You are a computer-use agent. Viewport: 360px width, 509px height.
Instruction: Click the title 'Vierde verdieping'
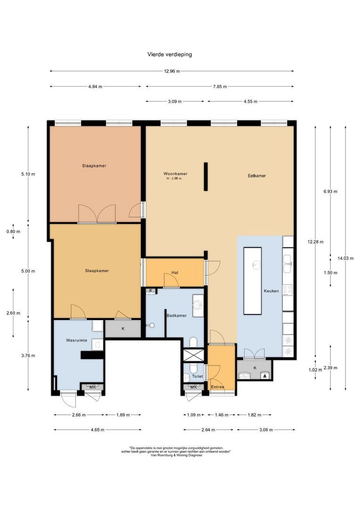click(x=170, y=55)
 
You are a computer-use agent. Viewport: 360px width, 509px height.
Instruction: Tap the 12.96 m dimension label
click(x=172, y=72)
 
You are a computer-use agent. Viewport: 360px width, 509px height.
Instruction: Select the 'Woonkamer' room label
click(x=174, y=173)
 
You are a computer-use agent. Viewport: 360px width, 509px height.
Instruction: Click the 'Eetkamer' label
click(x=257, y=176)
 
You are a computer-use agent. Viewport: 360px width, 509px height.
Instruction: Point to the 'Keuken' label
click(x=271, y=291)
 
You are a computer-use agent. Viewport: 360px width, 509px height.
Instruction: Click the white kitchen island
click(x=253, y=280)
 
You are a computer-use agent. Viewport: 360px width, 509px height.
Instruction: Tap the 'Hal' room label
click(x=175, y=272)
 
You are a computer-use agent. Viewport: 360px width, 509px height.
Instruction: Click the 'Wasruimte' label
click(x=75, y=339)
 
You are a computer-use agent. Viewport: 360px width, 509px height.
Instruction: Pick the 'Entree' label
click(x=218, y=387)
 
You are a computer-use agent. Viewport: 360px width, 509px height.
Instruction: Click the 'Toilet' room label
click(x=197, y=377)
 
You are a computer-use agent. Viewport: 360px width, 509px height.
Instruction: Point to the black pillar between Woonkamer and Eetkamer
click(x=205, y=177)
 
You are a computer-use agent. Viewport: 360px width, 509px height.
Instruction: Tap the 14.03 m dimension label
click(x=345, y=258)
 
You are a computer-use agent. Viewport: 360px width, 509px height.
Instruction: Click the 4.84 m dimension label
click(x=95, y=87)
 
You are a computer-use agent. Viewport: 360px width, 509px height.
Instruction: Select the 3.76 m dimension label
click(x=28, y=356)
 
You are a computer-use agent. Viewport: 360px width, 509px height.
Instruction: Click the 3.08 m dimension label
click(x=266, y=430)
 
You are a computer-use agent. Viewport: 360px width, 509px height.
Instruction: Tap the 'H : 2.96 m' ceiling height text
click(x=174, y=179)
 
